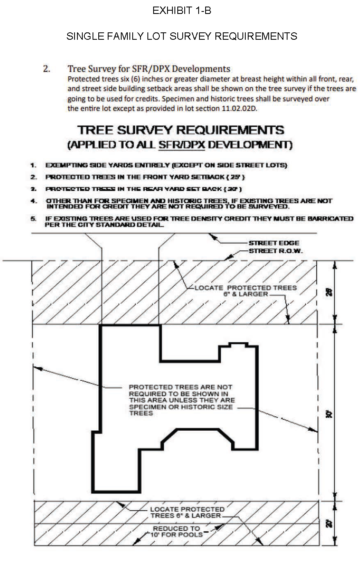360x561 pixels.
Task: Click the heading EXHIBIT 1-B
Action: click(x=181, y=11)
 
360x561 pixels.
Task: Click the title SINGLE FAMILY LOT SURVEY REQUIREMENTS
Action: click(x=181, y=36)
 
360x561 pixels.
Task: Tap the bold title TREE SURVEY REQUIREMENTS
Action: click(x=181, y=130)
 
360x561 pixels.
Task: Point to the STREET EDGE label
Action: click(x=274, y=243)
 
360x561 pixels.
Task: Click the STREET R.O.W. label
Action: click(x=276, y=251)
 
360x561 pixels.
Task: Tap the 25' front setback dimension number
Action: click(x=330, y=292)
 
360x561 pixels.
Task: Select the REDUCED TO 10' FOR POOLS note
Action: click(x=177, y=531)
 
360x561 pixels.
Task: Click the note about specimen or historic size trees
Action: click(x=181, y=400)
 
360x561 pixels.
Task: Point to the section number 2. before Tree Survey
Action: click(x=47, y=69)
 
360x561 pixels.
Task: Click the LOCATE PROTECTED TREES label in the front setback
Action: click(x=245, y=291)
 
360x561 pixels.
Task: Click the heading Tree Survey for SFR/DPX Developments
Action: click(x=149, y=69)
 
